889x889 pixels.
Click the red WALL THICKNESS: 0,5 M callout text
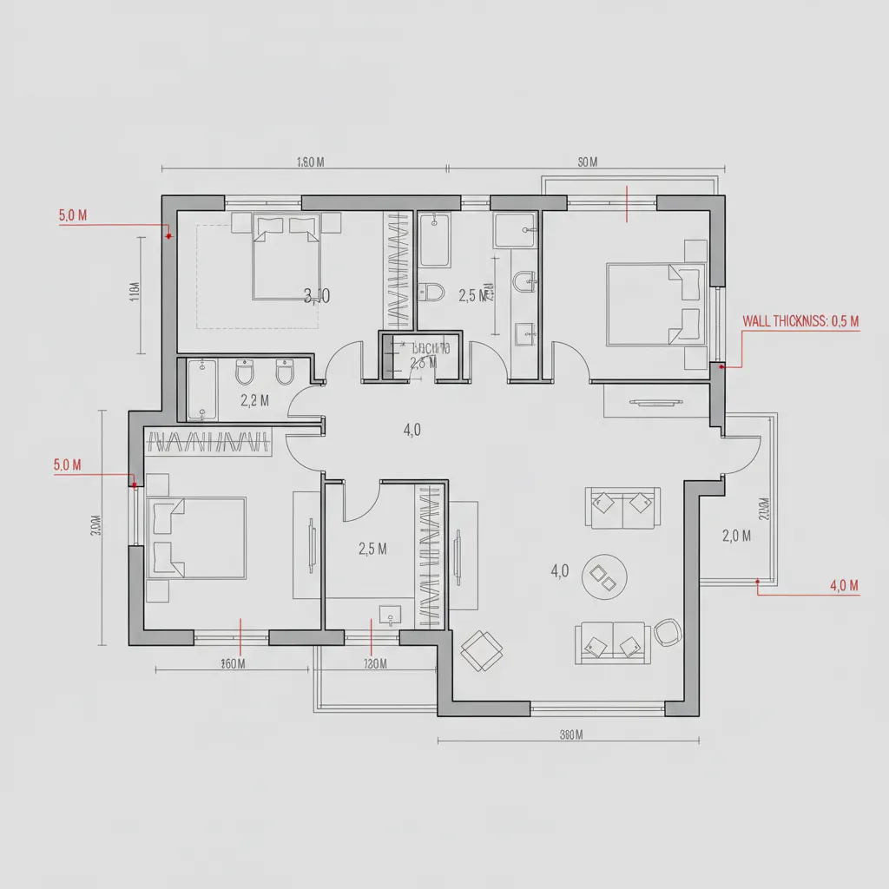coord(800,321)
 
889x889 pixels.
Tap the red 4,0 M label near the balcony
coord(844,586)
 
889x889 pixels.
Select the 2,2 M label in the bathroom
coord(254,400)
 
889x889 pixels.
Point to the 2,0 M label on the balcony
coord(735,536)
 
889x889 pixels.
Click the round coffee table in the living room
coord(604,576)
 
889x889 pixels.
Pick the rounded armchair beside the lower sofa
coord(668,633)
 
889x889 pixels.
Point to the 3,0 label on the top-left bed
coord(318,296)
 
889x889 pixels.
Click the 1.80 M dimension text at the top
coord(310,161)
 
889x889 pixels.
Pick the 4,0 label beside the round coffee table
coord(559,570)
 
